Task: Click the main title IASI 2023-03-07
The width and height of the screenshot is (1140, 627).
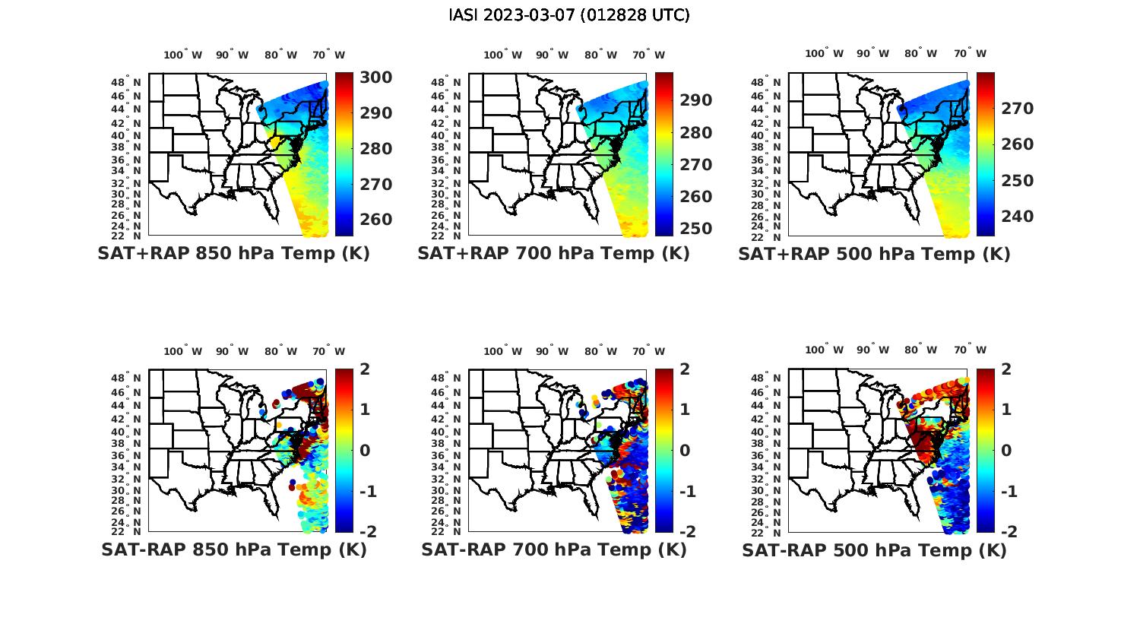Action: point(569,15)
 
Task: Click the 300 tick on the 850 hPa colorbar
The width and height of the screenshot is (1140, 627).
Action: point(376,78)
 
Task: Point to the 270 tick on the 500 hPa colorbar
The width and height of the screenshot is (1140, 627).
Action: point(1018,109)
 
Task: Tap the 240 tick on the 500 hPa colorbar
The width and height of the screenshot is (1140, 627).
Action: point(1018,217)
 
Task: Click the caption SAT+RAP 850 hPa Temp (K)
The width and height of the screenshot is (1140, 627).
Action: point(233,254)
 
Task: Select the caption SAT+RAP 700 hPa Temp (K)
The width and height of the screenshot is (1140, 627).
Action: point(553,254)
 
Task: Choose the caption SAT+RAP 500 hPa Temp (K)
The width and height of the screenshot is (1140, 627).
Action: point(874,254)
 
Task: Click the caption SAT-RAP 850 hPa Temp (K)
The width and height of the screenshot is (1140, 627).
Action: point(233,549)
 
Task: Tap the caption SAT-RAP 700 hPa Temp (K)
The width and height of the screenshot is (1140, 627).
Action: point(553,549)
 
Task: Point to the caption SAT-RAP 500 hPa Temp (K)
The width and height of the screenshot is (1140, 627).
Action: point(874,549)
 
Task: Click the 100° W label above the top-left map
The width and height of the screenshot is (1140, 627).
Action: point(183,55)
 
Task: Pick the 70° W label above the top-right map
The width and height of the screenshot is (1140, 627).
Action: point(971,54)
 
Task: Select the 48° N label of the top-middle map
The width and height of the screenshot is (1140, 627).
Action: point(446,82)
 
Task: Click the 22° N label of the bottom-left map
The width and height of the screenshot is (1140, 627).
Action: point(126,531)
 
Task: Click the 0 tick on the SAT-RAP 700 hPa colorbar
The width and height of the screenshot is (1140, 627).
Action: point(685,450)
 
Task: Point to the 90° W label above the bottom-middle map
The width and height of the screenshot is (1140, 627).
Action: point(553,351)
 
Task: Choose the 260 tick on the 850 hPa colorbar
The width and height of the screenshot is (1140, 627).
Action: point(376,220)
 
